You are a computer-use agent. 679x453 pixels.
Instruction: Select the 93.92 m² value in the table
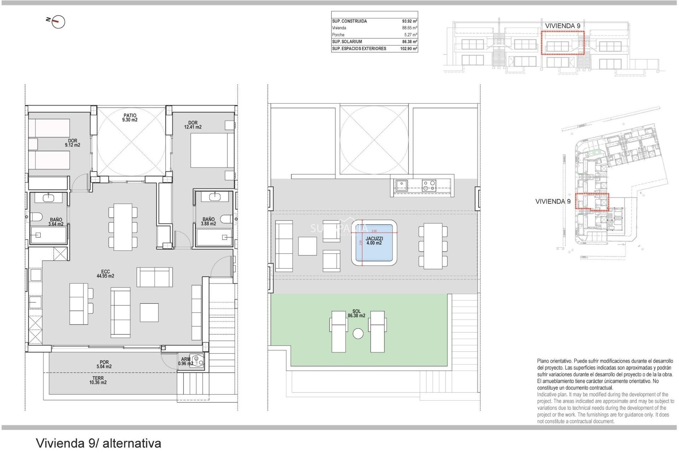coord(409,21)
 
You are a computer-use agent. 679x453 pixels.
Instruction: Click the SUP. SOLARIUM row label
coord(347,42)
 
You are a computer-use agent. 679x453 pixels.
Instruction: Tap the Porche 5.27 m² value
coord(410,35)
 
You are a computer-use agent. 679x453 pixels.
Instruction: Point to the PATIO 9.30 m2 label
coord(130,117)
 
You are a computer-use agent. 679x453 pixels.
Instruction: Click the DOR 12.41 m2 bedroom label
coord(193,125)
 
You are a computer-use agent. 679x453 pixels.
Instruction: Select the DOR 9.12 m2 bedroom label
coord(72,143)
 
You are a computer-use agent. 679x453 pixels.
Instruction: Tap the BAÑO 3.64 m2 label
coord(56,222)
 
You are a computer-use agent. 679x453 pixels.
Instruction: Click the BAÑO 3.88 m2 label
coord(208,222)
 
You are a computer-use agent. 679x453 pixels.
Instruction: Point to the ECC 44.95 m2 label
coord(105,274)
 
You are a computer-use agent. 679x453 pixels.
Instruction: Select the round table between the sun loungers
coord(358,333)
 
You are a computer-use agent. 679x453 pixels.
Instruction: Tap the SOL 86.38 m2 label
coord(356,314)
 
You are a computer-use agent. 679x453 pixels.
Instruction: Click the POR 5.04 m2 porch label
coord(104,365)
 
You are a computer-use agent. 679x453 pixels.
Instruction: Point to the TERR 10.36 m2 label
coord(98,380)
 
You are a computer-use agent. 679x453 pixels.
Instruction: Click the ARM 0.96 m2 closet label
coord(186,361)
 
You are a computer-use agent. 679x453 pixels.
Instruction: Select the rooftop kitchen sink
coord(401,185)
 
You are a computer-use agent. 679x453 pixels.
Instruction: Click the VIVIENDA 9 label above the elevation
coord(562,26)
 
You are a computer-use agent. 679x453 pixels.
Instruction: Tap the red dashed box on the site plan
coord(592,202)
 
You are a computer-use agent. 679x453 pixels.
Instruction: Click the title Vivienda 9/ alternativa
coord(99,443)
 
